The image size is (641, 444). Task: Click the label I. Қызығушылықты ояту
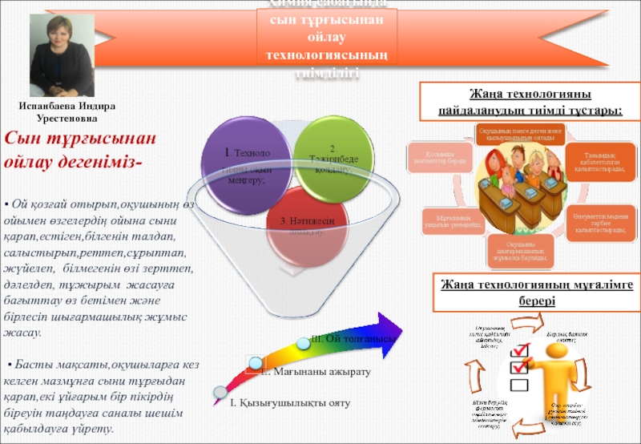[289, 402]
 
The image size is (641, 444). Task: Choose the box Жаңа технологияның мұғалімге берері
[534, 292]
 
